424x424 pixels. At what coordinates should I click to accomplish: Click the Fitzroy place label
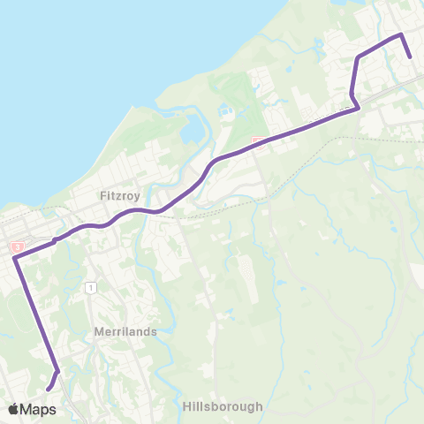(119, 195)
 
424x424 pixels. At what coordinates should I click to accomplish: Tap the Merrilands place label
(125, 331)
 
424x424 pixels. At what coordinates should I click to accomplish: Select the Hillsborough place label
(223, 407)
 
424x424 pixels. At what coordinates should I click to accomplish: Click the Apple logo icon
(13, 409)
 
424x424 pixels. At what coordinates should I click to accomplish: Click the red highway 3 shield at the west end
(16, 247)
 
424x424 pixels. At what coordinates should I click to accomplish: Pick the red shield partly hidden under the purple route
(257, 141)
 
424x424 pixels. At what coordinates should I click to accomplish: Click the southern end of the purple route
(49, 388)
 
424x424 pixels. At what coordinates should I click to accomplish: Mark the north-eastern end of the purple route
(411, 58)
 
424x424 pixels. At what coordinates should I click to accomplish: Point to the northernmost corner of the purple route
(401, 34)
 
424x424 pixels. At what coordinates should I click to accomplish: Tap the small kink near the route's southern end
(58, 371)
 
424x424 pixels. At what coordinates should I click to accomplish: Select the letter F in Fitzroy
(102, 195)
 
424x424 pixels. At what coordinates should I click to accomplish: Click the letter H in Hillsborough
(187, 407)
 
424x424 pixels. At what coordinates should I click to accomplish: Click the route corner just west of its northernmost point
(359, 57)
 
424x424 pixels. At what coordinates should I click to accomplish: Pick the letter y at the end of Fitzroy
(137, 197)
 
